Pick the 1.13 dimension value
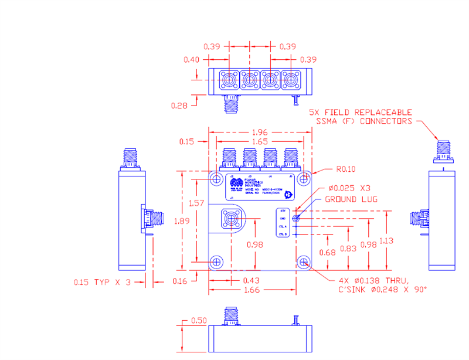tap(387, 241)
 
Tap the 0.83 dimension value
tap(349, 249)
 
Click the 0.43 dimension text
tap(252, 281)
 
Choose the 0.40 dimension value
tap(191, 59)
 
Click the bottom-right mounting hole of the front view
tap(303, 261)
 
